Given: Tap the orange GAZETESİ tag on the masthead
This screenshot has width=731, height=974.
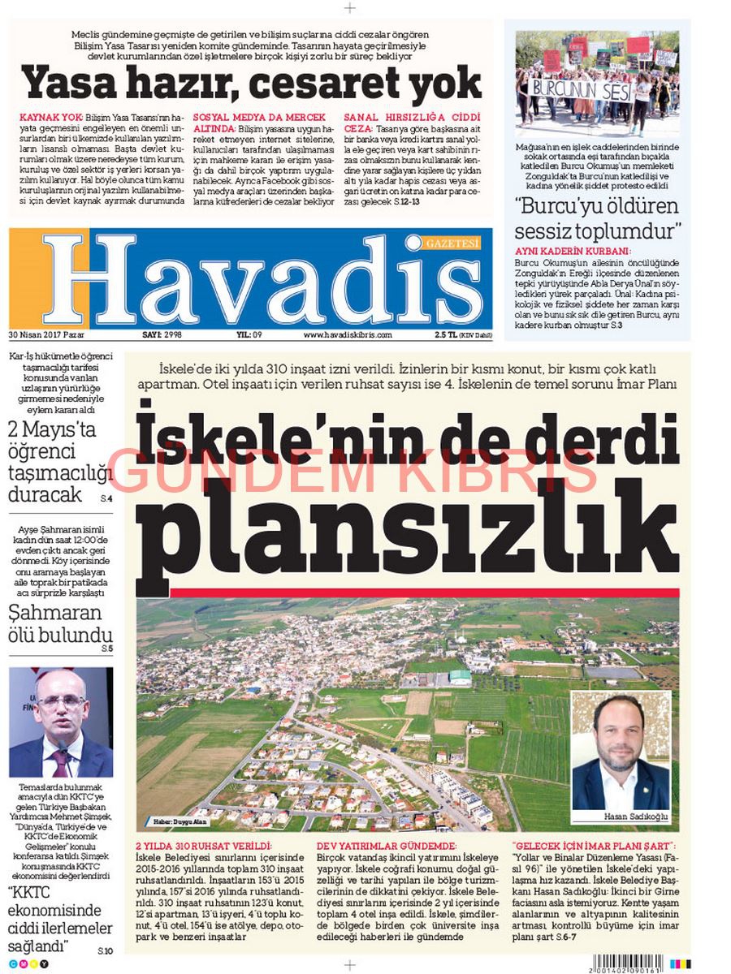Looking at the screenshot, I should coord(452,243).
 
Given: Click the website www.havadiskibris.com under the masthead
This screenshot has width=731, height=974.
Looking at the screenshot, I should coord(348,334).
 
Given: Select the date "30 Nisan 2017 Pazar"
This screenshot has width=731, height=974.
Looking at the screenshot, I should coord(41,334).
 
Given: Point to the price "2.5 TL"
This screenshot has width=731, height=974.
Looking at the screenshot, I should coord(446,334).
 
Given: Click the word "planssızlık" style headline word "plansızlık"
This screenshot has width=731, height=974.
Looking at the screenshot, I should coord(406,528).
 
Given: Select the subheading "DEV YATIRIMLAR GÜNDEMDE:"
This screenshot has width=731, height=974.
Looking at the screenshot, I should coord(386,846).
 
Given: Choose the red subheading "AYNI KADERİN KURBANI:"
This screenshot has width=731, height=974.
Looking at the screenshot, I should coord(573,252).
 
